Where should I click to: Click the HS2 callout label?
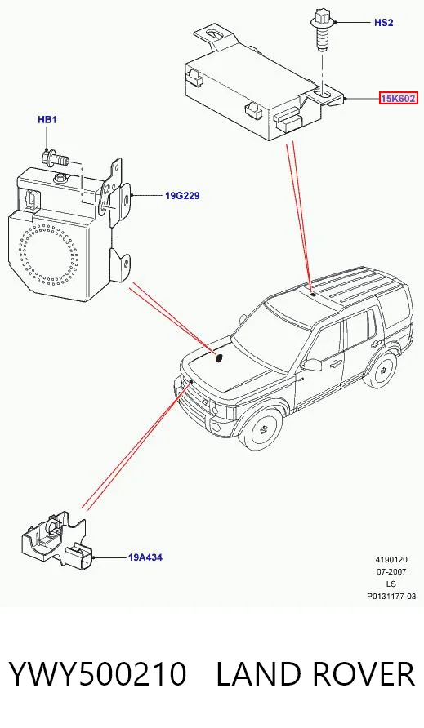click(383, 22)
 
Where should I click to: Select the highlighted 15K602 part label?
click(398, 99)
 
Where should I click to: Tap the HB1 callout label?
click(47, 120)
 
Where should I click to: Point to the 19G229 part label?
click(182, 195)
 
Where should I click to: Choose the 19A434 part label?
click(145, 557)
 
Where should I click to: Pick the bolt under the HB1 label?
click(55, 159)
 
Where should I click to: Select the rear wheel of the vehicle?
click(386, 369)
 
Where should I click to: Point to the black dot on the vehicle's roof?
click(314, 294)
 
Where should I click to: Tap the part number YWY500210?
click(98, 674)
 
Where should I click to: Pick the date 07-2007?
click(391, 572)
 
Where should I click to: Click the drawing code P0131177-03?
click(391, 596)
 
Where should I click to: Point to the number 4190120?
click(391, 560)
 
